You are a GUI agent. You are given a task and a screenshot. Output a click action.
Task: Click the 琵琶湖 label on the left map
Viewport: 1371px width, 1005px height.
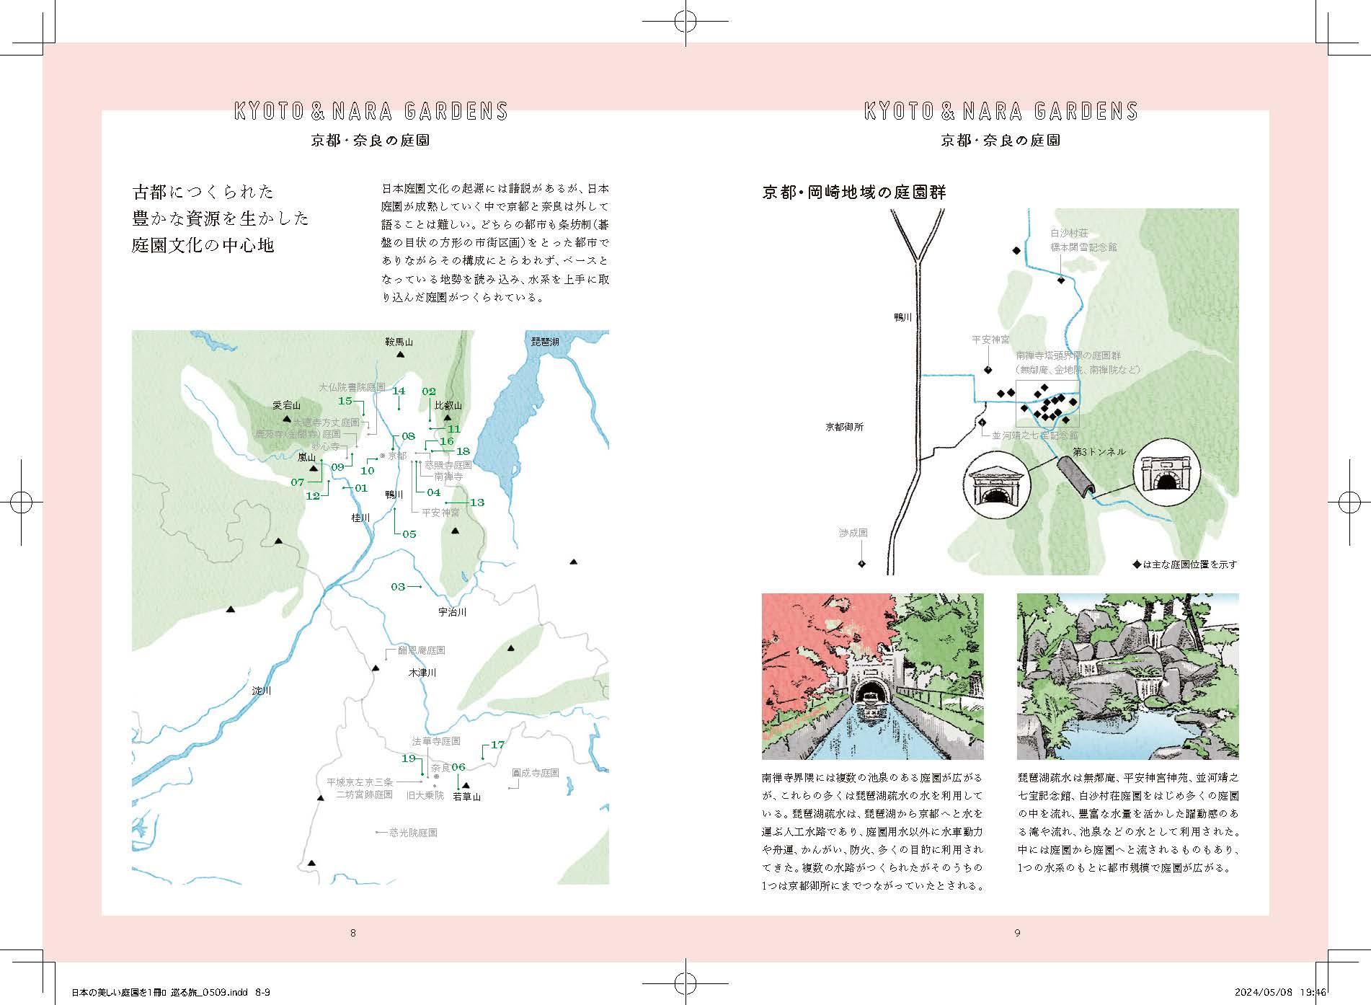544,342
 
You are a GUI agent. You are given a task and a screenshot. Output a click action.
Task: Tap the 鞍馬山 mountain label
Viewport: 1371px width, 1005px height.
399,342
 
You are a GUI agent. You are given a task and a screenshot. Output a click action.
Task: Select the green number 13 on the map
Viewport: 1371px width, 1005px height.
476,502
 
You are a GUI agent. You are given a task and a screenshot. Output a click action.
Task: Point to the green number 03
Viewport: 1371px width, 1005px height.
398,587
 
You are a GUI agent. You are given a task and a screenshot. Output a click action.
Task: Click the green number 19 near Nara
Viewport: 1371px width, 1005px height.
409,758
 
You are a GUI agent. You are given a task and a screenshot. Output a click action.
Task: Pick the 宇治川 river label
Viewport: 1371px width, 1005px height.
453,612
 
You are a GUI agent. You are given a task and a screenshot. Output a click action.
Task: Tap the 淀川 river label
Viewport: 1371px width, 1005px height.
262,691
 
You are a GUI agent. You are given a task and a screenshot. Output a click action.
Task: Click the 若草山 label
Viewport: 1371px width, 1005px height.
466,797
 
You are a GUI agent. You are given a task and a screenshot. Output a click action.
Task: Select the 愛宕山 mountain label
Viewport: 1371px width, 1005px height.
286,406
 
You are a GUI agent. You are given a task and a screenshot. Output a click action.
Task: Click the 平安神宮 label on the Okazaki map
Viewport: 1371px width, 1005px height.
990,340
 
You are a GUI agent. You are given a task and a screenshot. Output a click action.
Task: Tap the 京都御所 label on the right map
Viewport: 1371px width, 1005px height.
844,427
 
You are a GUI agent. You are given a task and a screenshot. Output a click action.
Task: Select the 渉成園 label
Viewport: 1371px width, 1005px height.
853,533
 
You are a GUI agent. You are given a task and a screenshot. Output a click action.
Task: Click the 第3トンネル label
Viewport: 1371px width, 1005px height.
1099,452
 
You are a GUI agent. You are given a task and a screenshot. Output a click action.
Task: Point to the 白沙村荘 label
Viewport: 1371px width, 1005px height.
1069,234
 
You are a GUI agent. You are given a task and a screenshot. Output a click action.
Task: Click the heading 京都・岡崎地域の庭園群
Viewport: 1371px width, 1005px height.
853,192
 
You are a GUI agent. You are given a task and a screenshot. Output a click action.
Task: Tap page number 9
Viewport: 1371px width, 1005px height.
1017,933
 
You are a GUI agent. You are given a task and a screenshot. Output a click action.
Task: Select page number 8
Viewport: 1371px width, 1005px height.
352,933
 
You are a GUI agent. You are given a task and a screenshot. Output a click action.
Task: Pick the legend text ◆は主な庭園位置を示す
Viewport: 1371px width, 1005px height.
1184,565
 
